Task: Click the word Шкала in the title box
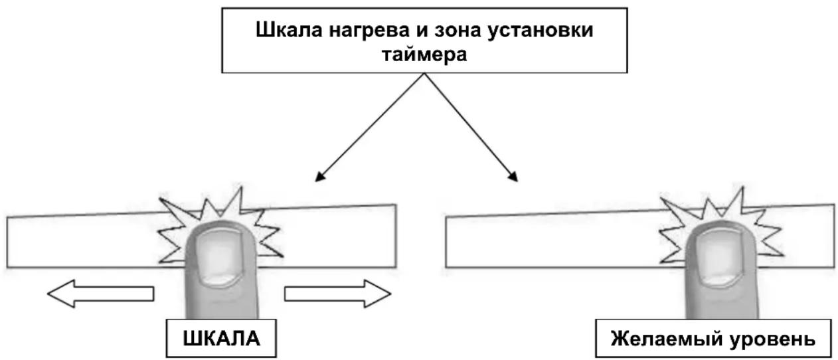click(x=289, y=30)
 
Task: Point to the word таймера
click(x=424, y=55)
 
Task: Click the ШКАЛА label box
click(x=221, y=338)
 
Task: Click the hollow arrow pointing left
click(x=101, y=294)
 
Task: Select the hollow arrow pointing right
click(x=338, y=294)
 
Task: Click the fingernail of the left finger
click(x=220, y=258)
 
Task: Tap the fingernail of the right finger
click(x=721, y=258)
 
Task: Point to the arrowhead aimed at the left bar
click(x=320, y=177)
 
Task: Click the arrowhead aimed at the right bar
click(x=513, y=177)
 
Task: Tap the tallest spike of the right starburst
click(x=742, y=187)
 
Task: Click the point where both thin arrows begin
click(x=424, y=73)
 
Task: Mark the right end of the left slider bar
click(x=396, y=236)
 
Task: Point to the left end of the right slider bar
click(x=446, y=242)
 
